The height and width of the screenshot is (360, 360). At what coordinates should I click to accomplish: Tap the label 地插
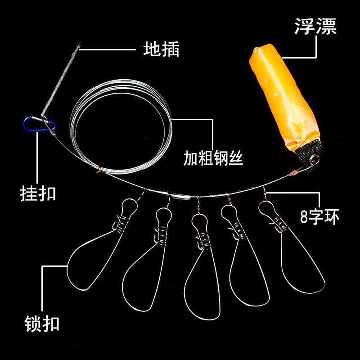click(x=161, y=49)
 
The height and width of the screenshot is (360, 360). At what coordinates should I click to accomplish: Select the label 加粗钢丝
click(x=213, y=158)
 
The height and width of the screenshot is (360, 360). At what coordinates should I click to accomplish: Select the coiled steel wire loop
click(x=121, y=128)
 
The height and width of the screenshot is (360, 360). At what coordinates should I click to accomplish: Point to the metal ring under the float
click(x=315, y=159)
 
